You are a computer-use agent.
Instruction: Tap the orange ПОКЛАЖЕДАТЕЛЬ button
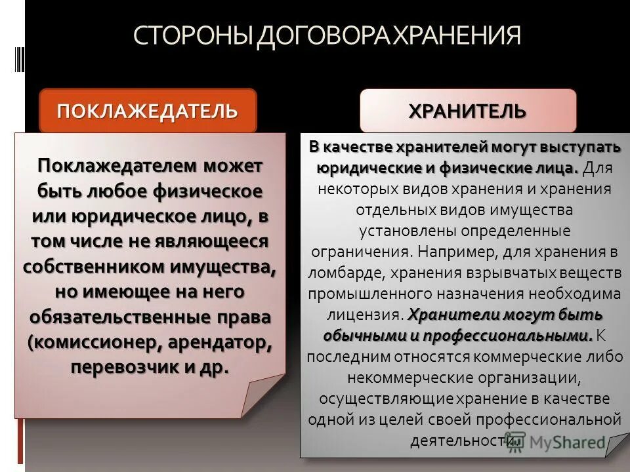148,109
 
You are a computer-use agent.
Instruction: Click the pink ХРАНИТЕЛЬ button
467,110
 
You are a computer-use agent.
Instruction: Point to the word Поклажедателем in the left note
118,166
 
